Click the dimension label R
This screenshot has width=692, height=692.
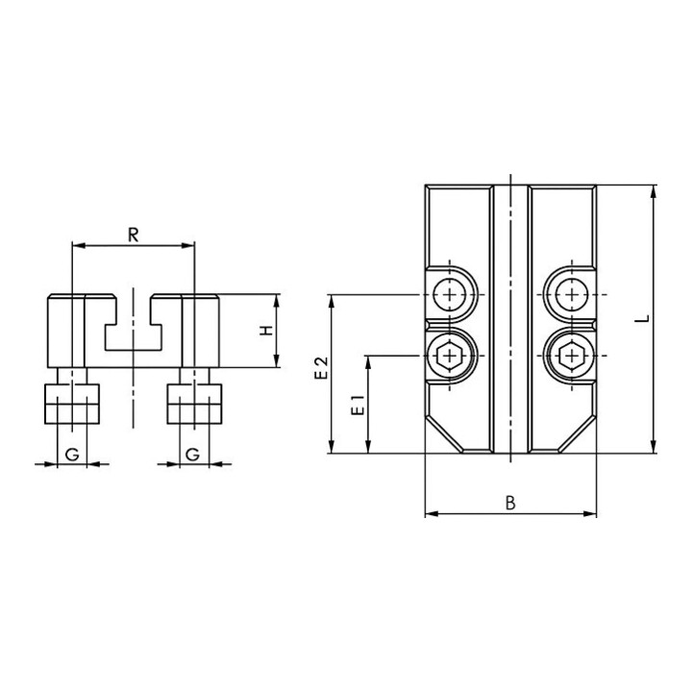(134, 235)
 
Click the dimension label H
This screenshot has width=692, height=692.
(266, 331)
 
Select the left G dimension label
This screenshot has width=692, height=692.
(72, 454)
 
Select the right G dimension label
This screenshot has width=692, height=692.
(192, 454)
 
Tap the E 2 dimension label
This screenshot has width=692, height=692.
(322, 367)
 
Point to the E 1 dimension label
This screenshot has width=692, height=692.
(358, 406)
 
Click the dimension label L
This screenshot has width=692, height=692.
(644, 318)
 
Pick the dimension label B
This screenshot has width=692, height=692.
(510, 503)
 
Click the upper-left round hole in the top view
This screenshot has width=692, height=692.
(449, 294)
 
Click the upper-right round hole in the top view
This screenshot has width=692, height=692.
(572, 294)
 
